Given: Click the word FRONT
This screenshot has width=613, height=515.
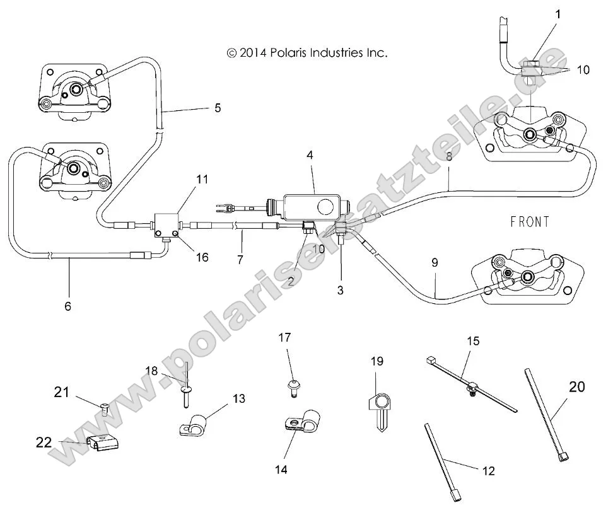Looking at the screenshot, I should click(x=529, y=221).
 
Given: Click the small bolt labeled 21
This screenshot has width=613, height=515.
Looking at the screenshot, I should click(x=105, y=409).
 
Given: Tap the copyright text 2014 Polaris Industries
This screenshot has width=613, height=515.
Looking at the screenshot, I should click(x=306, y=53).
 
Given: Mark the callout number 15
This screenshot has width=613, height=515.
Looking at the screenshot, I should click(x=473, y=341).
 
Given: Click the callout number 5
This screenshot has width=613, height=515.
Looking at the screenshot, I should click(x=218, y=108).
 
